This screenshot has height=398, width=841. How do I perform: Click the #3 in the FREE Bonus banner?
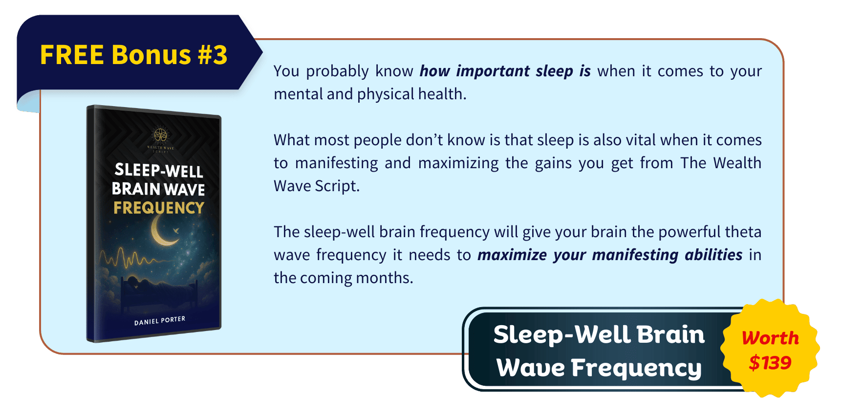(x=213, y=55)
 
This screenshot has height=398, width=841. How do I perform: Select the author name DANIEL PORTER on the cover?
(x=160, y=321)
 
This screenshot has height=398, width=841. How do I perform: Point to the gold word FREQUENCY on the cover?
(x=159, y=208)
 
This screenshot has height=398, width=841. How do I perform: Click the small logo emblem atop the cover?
(x=160, y=134)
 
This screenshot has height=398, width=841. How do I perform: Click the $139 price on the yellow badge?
(x=770, y=363)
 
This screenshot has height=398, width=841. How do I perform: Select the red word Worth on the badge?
(x=770, y=338)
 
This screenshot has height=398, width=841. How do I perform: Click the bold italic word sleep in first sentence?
(x=554, y=71)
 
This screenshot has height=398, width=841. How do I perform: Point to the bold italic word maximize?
(x=512, y=255)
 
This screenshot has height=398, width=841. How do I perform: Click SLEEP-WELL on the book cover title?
(x=159, y=170)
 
